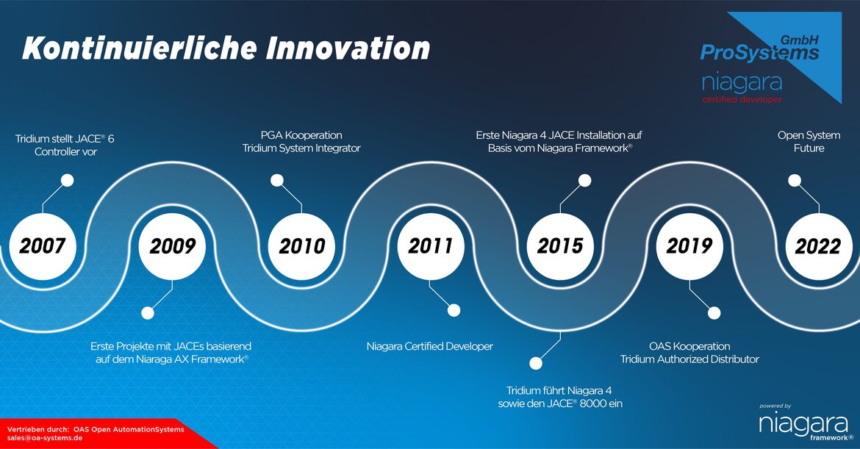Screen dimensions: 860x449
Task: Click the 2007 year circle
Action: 43,246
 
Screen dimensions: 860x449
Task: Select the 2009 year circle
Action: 172,246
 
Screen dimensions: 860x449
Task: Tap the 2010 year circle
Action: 301,246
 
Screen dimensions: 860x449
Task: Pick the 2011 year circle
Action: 431,246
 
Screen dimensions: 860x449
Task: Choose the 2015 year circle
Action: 560,246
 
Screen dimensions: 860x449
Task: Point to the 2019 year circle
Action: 689,246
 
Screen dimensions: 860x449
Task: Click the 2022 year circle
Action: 819,246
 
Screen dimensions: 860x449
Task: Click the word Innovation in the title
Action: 348,49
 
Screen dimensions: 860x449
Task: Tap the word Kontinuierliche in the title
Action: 140,49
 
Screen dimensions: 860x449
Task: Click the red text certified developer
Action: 742,100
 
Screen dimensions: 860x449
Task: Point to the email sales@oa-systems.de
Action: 45,438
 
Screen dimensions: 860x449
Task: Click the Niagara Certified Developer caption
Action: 430,346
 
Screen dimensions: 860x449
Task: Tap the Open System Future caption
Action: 809,141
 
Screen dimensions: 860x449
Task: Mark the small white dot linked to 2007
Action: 68,180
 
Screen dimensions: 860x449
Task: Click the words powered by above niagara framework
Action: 775,406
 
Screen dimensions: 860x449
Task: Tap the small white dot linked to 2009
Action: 148,313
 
